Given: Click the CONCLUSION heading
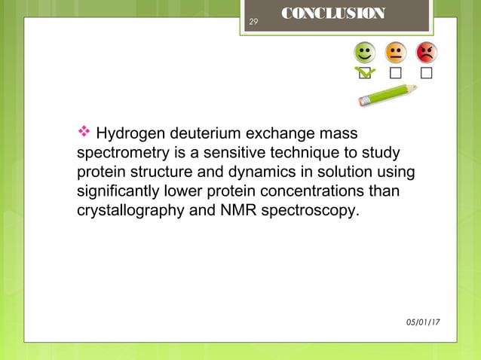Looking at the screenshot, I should point(332,14).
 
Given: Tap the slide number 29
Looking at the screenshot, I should point(253,22).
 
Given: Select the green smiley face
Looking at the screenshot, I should point(365,52).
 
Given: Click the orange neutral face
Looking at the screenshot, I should point(396,52).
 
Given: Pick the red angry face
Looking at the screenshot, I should point(426,52).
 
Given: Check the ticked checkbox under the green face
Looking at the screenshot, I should point(365,73).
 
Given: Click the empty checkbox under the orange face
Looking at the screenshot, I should point(396,73).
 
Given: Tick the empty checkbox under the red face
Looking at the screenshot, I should point(426,73).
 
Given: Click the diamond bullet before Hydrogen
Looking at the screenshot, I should point(84,133).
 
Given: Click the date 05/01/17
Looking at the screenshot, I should point(424,322).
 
